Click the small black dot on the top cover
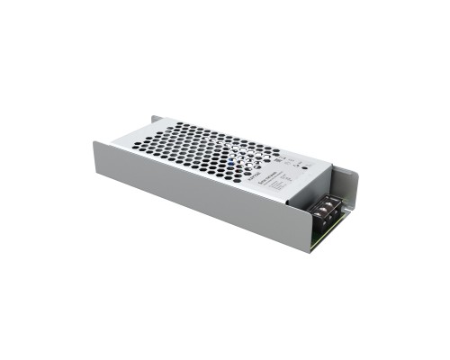pyautogui.click(x=305, y=166)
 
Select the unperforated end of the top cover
pyautogui.click(x=288, y=180)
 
